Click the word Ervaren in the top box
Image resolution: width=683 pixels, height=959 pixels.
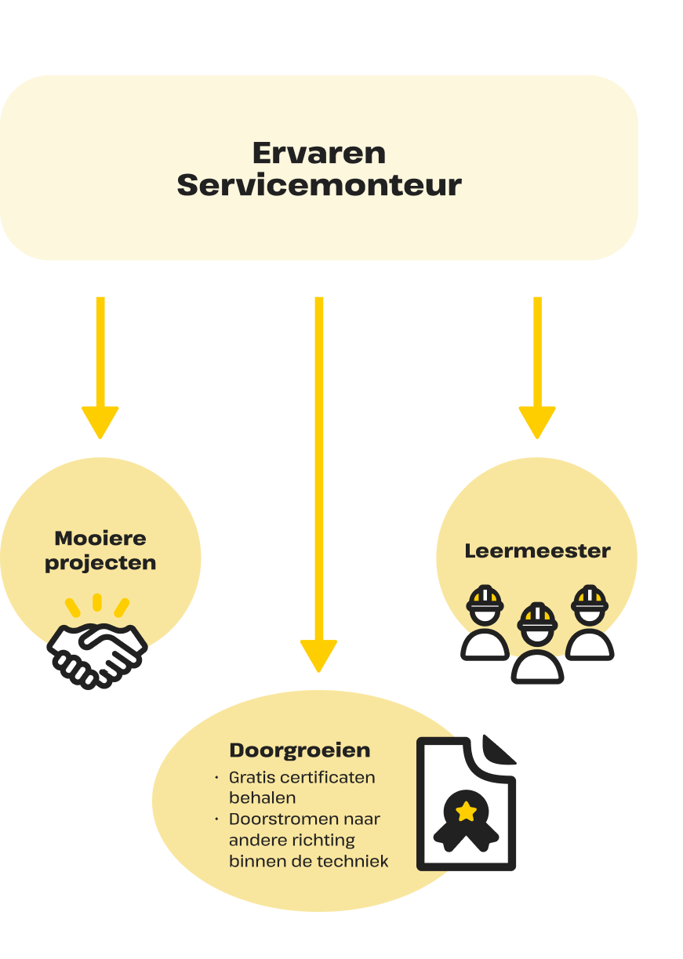tap(319, 152)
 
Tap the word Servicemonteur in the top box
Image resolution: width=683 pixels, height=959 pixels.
tap(319, 186)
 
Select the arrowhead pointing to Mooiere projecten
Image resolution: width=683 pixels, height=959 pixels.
tap(100, 422)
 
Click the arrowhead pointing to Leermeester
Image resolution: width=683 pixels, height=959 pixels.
tap(537, 422)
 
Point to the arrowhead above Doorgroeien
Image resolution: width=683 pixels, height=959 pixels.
tap(318, 656)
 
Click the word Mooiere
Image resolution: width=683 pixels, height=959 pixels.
tap(100, 539)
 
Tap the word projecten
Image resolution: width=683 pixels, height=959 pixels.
tap(100, 563)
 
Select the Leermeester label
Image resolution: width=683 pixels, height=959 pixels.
tap(537, 550)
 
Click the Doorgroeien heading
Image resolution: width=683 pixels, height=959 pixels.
tap(300, 750)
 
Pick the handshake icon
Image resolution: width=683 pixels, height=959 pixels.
tap(97, 653)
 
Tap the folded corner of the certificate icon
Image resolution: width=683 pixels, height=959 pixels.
tap(498, 750)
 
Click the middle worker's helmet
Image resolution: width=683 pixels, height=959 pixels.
tap(537, 616)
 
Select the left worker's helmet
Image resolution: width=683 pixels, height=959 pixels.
tap(485, 598)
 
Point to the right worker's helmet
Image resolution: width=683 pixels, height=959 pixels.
tap(589, 598)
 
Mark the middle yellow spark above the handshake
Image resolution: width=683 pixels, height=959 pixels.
tap(97, 602)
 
